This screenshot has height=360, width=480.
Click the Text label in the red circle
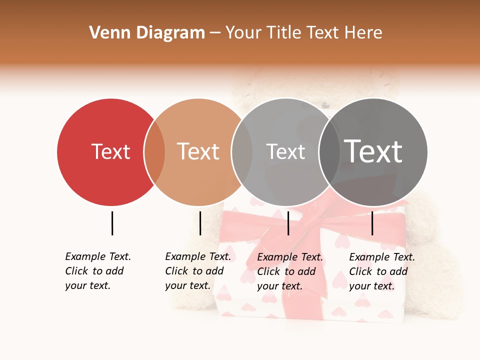[110, 151]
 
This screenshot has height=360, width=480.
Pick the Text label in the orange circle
[198, 151]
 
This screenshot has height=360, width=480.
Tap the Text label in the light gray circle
[285, 151]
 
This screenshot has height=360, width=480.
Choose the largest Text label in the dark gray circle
[373, 151]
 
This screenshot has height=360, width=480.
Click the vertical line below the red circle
[112, 223]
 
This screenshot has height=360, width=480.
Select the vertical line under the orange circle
[200, 223]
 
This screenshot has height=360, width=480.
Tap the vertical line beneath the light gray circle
[288, 223]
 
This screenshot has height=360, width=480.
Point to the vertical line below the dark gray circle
[372, 223]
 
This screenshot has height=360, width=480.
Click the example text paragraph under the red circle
[97, 271]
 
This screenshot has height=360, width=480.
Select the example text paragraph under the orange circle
[197, 271]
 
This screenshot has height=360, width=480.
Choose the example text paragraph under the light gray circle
[289, 271]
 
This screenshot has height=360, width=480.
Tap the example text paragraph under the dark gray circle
[381, 271]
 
